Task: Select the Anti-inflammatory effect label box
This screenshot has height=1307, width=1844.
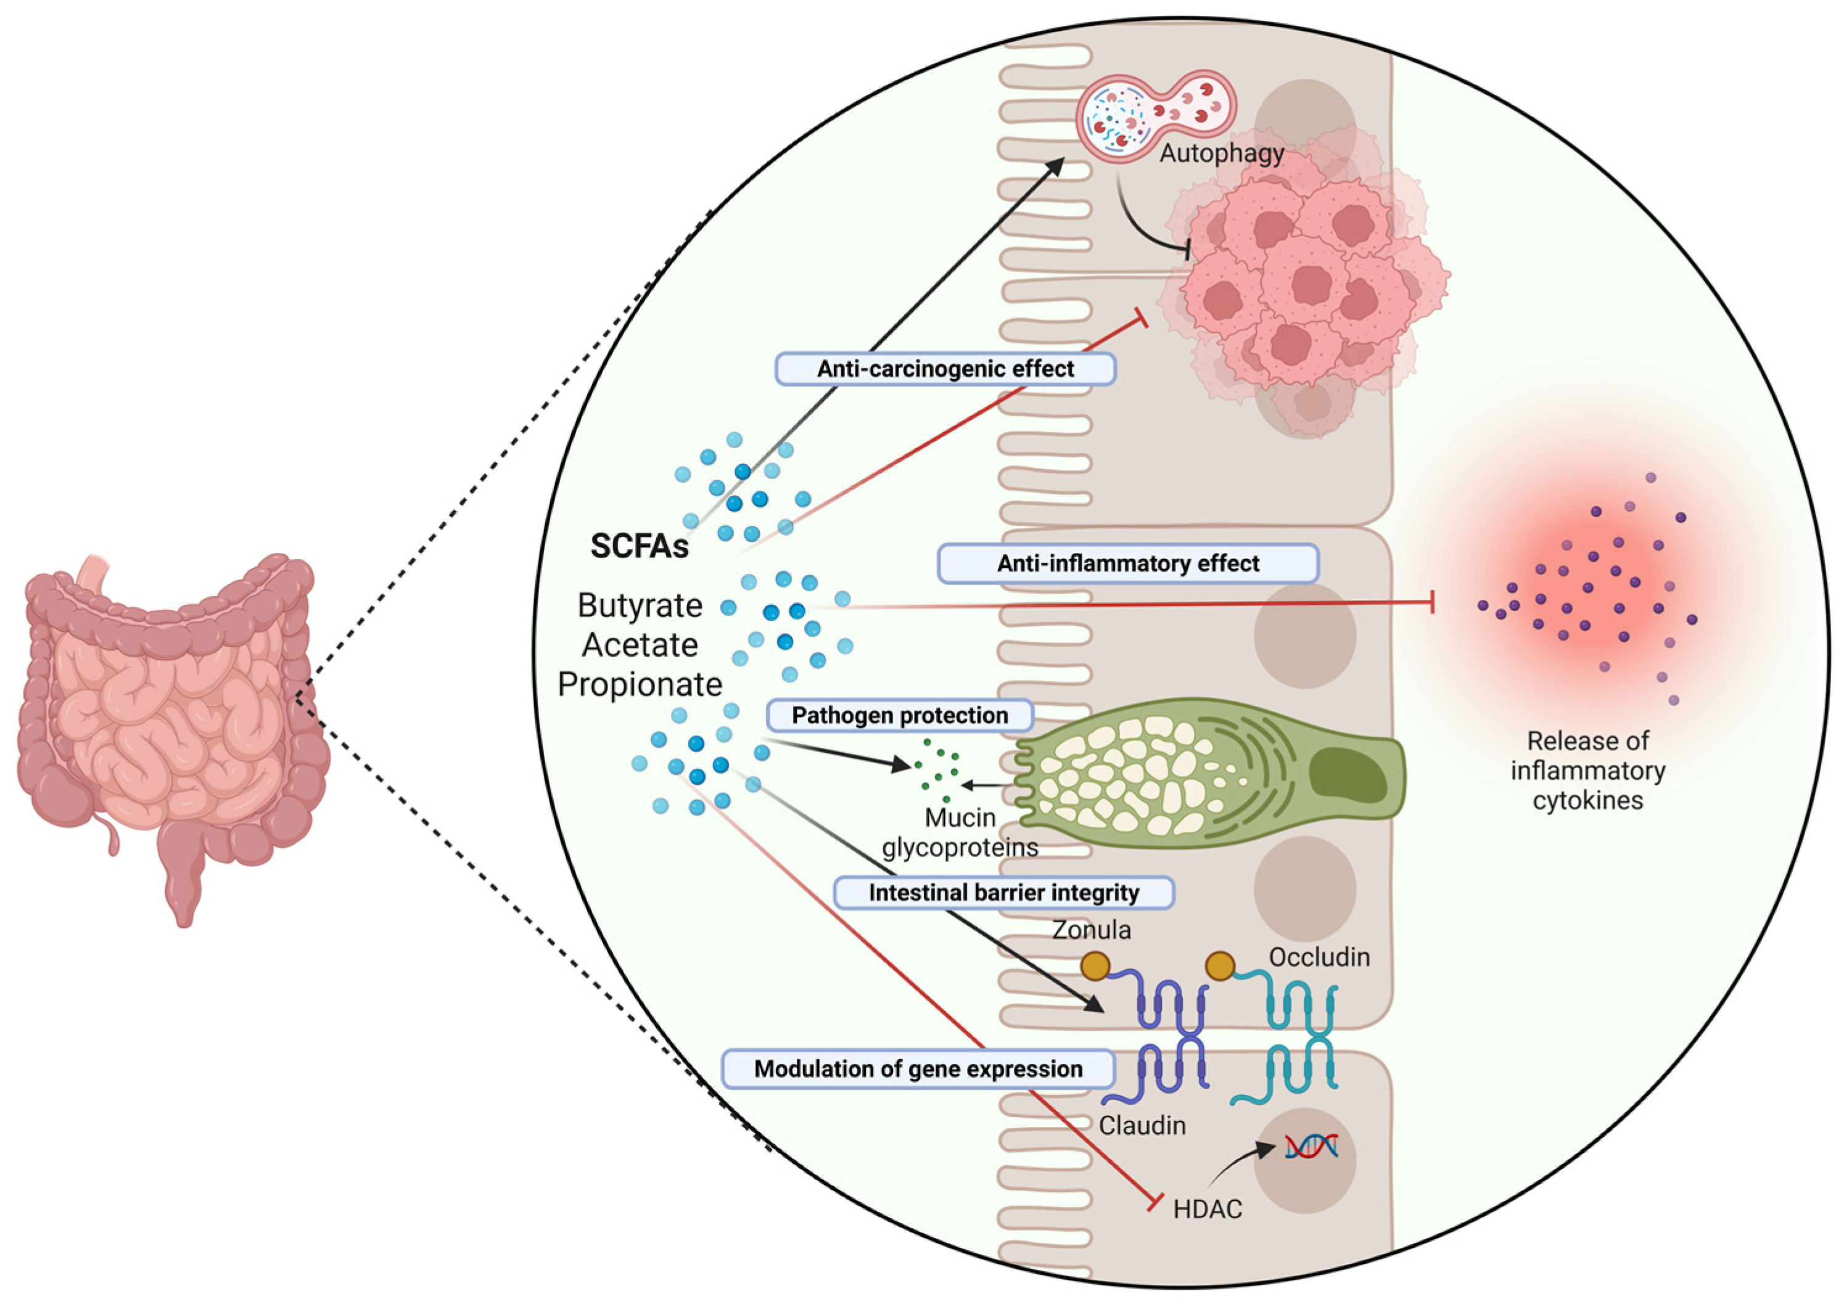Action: pos(1127,563)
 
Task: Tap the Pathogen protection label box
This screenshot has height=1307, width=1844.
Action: pos(899,716)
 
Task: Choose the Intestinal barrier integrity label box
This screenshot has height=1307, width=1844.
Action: pos(1003,893)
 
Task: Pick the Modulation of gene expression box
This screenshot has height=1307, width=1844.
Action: pos(918,1069)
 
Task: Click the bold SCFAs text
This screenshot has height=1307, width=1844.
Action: pos(640,546)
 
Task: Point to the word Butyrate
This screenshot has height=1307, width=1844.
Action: pos(640,606)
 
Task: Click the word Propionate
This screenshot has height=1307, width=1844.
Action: pos(640,685)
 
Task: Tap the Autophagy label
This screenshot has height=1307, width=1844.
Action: pos(1221,153)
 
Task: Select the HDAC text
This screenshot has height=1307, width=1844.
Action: pos(1208,1209)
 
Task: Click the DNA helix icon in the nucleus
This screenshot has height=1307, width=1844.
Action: pos(1311,1146)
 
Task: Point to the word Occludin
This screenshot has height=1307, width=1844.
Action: pos(1319,957)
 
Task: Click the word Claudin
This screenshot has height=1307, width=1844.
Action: pos(1142,1125)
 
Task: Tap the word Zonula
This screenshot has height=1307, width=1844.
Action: pos(1092,930)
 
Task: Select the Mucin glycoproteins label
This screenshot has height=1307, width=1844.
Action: pos(960,833)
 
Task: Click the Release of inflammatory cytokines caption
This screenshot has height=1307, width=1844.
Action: pos(1587,770)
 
